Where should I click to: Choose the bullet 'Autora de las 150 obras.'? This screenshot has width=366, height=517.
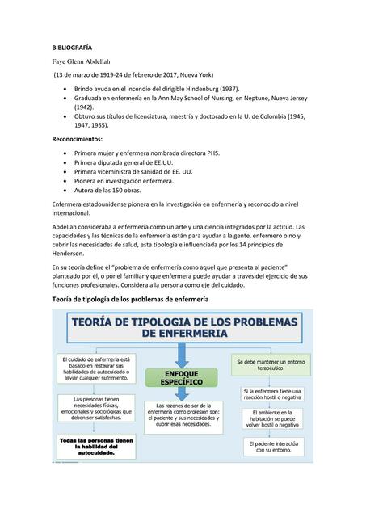tap(107, 191)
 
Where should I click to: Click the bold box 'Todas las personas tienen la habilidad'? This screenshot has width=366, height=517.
tap(95, 447)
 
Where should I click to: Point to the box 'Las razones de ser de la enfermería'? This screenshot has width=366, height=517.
tap(182, 414)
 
